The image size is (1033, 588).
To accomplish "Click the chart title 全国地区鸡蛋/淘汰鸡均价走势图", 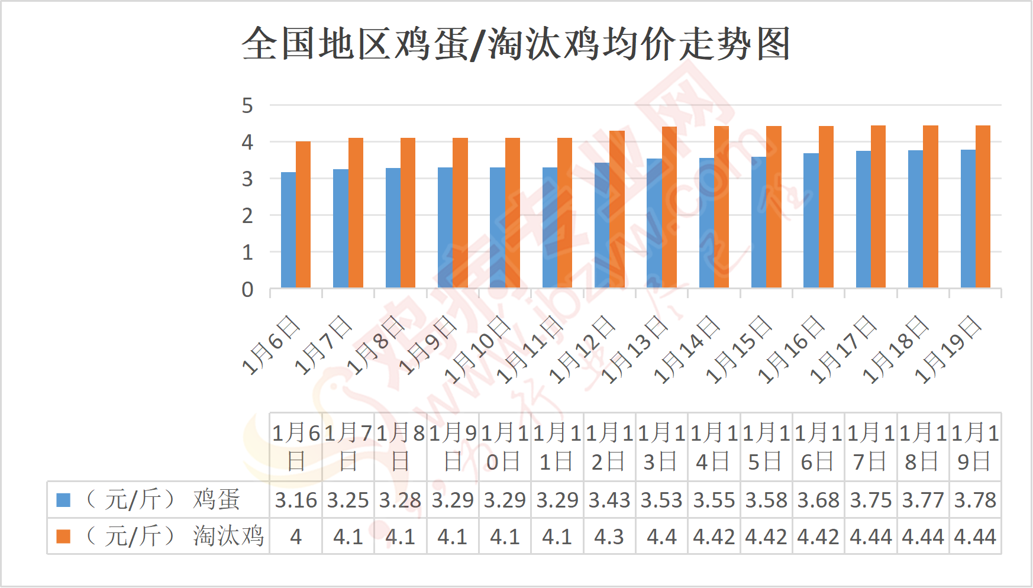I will (x=516, y=44).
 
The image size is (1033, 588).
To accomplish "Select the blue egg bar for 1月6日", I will (x=288, y=230).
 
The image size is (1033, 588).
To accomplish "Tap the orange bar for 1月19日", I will (x=983, y=207).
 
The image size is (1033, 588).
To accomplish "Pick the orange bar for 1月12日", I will (x=617, y=209).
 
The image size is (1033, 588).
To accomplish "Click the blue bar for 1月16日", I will (x=811, y=221).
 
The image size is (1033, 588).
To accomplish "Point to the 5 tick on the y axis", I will (x=247, y=106).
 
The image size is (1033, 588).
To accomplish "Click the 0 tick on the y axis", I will (x=247, y=290).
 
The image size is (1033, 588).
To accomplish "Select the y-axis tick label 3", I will (x=247, y=179).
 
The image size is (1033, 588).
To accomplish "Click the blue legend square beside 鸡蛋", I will (x=63, y=500).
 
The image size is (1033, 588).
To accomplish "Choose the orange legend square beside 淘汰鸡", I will (x=63, y=537).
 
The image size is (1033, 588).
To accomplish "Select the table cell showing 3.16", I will (x=296, y=500).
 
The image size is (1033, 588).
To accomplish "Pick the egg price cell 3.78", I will (x=975, y=500).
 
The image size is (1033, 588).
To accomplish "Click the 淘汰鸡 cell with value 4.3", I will (x=609, y=537).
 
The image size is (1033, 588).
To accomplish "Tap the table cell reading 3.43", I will (x=609, y=500).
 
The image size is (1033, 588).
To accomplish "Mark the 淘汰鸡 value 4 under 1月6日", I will (x=296, y=537).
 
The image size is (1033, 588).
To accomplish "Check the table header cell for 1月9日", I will (x=453, y=447).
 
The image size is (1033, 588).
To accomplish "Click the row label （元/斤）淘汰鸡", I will (x=175, y=537).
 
